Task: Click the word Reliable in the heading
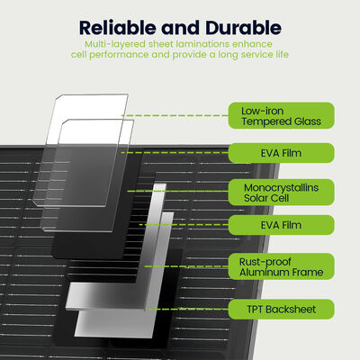pos(118,28)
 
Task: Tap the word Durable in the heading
pos(244,28)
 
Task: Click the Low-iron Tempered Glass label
pos(281,115)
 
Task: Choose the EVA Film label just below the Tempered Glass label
pos(281,153)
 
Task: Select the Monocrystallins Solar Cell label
pos(281,193)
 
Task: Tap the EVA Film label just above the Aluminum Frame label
pos(281,225)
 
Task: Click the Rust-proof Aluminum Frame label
pos(281,266)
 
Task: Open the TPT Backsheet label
pos(281,309)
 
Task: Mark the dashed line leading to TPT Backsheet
pos(188,309)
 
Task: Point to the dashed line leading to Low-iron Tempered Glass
pos(175,115)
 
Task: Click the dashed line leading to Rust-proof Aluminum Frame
pos(186,266)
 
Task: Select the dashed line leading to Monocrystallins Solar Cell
pos(178,191)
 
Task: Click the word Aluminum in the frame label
pos(260,273)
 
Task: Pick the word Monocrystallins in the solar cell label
pos(281,188)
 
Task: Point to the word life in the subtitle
pos(282,55)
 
